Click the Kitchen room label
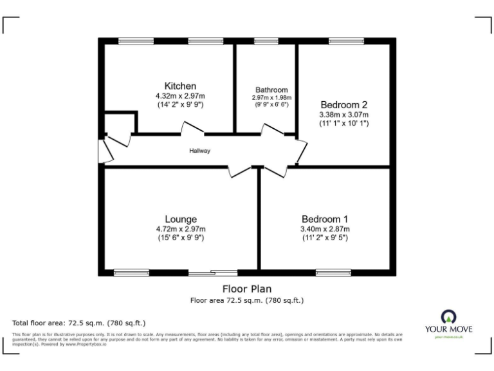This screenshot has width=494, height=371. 180,86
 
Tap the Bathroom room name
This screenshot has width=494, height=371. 271,90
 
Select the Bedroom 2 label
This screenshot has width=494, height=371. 343,105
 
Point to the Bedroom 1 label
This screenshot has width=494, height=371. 325,219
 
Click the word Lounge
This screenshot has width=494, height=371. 180,219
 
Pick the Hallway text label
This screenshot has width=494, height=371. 199,151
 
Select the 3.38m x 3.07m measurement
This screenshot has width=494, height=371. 343,115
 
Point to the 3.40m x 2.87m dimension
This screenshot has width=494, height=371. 325,229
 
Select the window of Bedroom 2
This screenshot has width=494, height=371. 345,41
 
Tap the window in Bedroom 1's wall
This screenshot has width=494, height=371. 333,272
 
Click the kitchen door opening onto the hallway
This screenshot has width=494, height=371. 192,130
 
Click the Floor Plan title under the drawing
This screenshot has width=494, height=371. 247,289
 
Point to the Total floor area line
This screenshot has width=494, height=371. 79,322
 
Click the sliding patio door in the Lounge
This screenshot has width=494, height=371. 213,272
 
